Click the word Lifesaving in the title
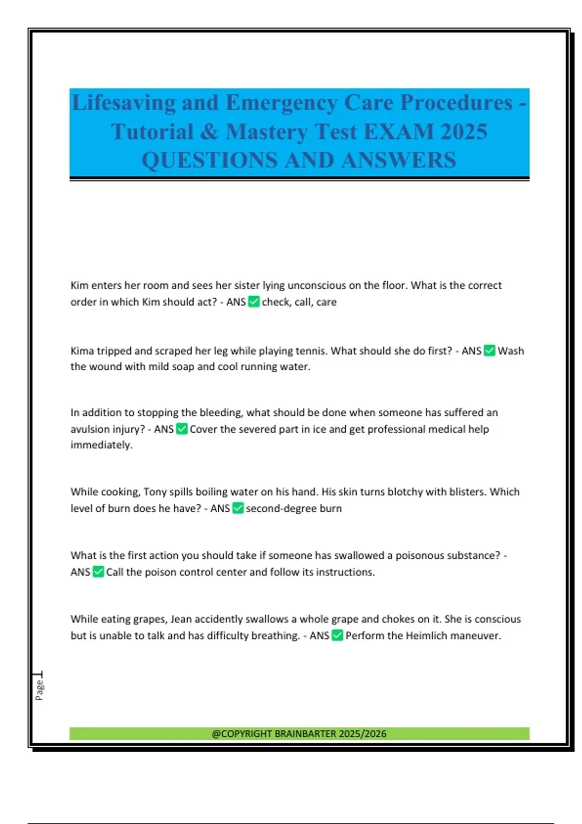pos(124,103)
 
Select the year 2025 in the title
pos(464,132)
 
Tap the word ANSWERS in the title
pos(398,160)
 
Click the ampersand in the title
pos(209,132)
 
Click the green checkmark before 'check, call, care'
pos(254,302)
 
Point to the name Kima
pos(82,351)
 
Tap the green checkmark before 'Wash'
pos(489,351)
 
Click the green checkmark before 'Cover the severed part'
pos(181,429)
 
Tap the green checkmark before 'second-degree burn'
pos(238,508)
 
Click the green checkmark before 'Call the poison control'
pos(98,572)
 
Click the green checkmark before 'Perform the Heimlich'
pos(337,635)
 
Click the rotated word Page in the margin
pos(39,690)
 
